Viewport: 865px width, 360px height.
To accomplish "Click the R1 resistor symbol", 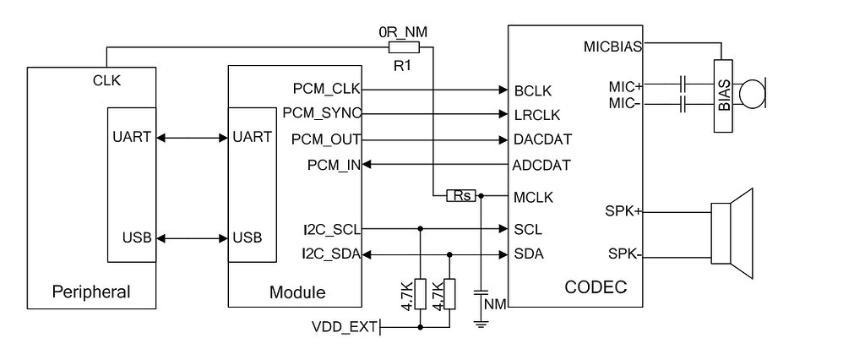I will click(x=402, y=47).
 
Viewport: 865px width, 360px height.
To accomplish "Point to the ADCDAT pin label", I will click(x=541, y=165).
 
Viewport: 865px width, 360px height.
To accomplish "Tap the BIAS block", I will click(x=724, y=95).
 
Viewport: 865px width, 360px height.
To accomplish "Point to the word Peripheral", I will click(x=91, y=292).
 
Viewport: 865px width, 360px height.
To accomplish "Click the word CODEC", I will click(x=596, y=287).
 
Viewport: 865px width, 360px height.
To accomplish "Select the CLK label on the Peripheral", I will click(x=107, y=81).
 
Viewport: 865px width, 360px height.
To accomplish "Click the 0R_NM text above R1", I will click(x=402, y=32).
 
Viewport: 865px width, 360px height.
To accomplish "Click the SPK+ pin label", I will click(x=625, y=210).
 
